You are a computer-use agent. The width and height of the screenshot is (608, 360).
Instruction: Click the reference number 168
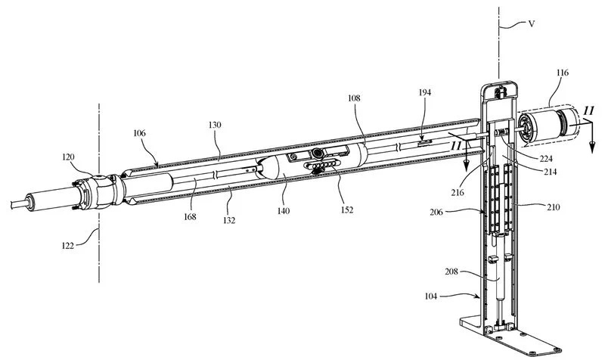coord(189,217)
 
